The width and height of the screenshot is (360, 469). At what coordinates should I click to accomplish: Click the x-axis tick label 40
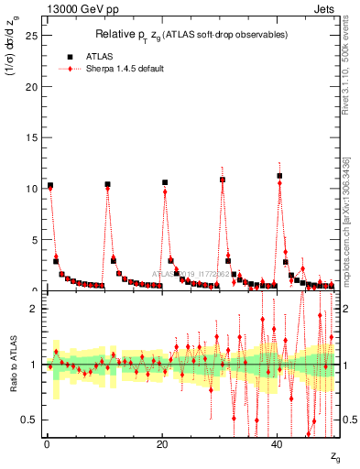[278, 445]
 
